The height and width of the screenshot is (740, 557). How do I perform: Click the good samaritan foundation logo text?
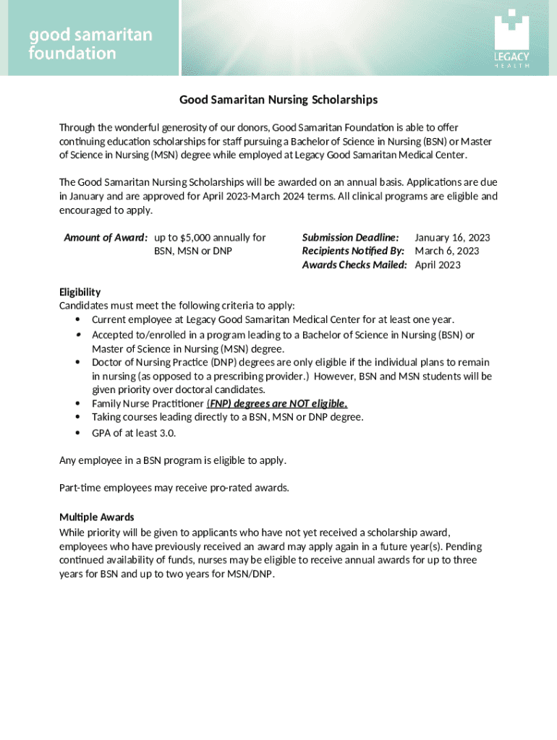pos(90,44)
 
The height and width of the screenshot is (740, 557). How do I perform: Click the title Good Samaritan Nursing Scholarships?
pos(278,100)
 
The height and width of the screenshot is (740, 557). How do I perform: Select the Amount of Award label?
pos(106,238)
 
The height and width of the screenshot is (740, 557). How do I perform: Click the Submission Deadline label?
pos(350,238)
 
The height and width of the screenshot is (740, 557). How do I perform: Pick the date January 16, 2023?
pos(452,238)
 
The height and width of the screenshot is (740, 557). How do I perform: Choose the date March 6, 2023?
pos(446,251)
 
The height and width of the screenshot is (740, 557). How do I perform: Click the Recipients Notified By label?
pos(353,251)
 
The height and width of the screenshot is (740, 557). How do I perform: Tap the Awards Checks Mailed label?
pos(354,265)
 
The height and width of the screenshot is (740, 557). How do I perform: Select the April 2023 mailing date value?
pos(438,265)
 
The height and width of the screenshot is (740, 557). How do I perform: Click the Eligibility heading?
pos(80,292)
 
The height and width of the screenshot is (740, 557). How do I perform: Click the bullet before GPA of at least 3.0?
pos(77,434)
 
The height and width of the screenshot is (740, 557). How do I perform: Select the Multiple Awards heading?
pos(96,517)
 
